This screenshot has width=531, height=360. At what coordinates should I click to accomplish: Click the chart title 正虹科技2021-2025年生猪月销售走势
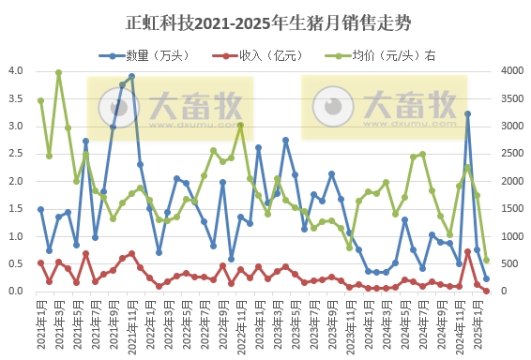(x=266, y=20)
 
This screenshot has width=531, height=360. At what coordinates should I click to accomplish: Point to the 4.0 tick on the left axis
(x=16, y=71)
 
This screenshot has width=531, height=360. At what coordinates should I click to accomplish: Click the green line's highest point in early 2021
(x=58, y=72)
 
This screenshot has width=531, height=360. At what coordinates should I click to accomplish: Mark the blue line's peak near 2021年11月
(x=131, y=76)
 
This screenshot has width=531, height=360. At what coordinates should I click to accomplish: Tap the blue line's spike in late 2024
(x=468, y=113)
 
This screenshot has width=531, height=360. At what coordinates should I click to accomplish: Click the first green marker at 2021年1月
(x=40, y=100)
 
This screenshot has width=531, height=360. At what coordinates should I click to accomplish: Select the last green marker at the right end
(x=486, y=260)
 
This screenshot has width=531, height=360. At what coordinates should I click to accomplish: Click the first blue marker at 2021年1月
(x=40, y=209)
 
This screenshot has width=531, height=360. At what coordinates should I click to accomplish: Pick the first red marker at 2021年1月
(x=40, y=262)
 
